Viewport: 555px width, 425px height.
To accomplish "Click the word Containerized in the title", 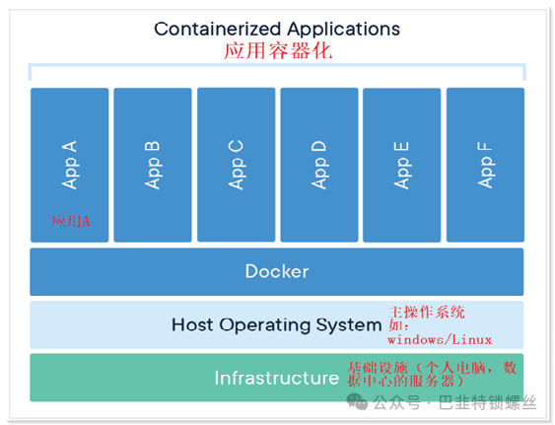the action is pyautogui.click(x=218, y=29).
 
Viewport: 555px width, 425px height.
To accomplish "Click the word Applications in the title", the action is pyautogui.click(x=343, y=30).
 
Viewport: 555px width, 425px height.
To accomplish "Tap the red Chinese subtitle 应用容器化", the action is pyautogui.click(x=278, y=50).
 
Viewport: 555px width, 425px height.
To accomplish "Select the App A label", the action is pyautogui.click(x=70, y=165).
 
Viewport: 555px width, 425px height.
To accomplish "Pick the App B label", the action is pyautogui.click(x=153, y=165).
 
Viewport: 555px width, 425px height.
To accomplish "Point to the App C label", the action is pyautogui.click(x=236, y=165).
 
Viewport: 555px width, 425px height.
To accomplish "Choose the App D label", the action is pyautogui.click(x=319, y=165).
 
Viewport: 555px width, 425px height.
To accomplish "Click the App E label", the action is pyautogui.click(x=402, y=166).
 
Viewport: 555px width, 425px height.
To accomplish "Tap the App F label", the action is pyautogui.click(x=485, y=165).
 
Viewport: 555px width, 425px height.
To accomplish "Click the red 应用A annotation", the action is pyautogui.click(x=70, y=221).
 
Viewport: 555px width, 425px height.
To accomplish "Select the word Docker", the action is pyautogui.click(x=277, y=271).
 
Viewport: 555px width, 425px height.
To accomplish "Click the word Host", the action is pyautogui.click(x=192, y=324).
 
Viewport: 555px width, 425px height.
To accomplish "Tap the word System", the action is pyautogui.click(x=349, y=325).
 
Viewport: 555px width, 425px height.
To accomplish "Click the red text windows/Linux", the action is pyautogui.click(x=440, y=340).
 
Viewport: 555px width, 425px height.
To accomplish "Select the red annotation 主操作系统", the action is pyautogui.click(x=427, y=312).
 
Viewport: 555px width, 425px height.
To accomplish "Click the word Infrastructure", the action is pyautogui.click(x=277, y=378).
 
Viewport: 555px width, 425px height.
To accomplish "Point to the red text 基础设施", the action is pyautogui.click(x=378, y=368).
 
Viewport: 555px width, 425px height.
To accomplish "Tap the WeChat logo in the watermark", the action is pyautogui.click(x=357, y=401).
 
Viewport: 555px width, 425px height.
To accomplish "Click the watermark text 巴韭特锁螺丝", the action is pyautogui.click(x=487, y=402).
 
